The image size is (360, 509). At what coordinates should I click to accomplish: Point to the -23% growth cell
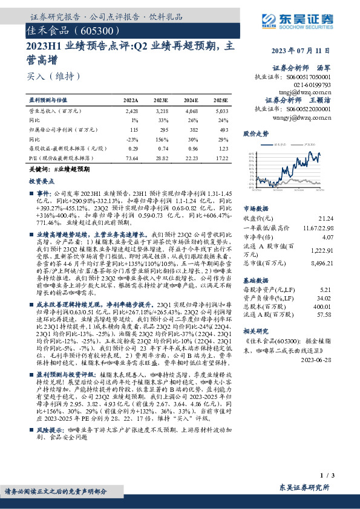(133, 138)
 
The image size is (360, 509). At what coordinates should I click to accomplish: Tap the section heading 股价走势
(256, 133)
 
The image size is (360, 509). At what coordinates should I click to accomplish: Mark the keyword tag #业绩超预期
(71, 170)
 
